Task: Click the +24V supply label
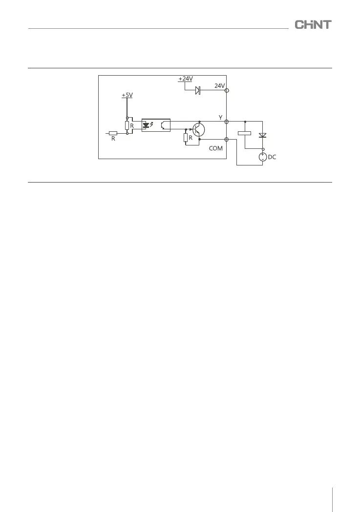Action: click(185, 79)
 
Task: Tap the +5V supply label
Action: click(127, 95)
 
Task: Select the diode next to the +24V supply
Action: click(198, 90)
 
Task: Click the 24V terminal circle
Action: click(227, 90)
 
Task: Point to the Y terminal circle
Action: click(227, 121)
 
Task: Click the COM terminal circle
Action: click(227, 139)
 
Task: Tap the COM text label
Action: click(215, 148)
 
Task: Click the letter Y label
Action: click(221, 117)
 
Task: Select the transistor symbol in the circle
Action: click(198, 130)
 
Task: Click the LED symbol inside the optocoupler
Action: click(146, 125)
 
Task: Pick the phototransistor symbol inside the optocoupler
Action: click(163, 125)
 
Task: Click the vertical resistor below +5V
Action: click(127, 125)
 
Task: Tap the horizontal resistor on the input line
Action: click(113, 133)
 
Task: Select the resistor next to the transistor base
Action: click(186, 138)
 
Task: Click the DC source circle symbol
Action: click(263, 157)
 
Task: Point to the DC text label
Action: click(272, 158)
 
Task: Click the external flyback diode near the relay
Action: click(263, 135)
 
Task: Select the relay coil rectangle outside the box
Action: click(244, 133)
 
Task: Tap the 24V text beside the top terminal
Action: click(219, 86)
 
